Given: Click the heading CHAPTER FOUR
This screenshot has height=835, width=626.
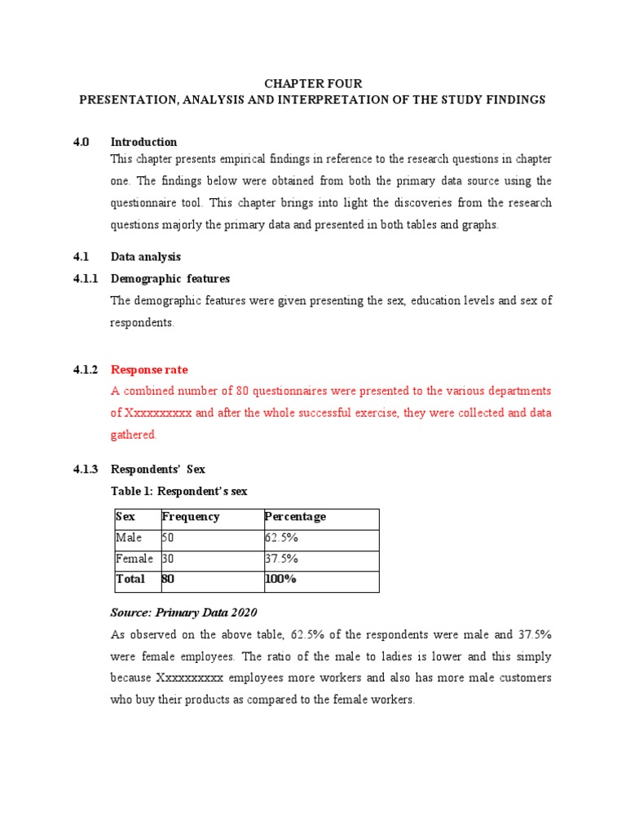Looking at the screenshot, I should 312,84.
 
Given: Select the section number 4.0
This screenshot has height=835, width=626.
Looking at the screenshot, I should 80,142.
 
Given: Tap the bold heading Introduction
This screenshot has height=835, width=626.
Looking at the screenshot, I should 143,142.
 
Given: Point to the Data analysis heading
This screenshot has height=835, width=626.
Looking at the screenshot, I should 146,257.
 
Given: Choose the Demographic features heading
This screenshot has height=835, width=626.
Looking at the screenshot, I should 170,279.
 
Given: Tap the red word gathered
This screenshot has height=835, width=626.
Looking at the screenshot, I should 133,435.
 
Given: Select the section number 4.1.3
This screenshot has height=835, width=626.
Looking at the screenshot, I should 85,469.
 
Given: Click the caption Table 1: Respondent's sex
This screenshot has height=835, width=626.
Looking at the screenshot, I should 179,491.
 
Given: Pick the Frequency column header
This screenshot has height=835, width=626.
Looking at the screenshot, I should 191,517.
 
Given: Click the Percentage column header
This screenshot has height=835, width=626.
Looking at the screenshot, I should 295,517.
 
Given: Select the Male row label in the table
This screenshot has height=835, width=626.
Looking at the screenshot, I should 129,538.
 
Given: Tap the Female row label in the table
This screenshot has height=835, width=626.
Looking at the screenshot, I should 134,559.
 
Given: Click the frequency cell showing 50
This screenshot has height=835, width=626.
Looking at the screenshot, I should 168,538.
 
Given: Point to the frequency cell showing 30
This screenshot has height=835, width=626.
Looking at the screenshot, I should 168,559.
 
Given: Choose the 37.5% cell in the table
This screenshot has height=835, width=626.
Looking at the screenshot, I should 281,559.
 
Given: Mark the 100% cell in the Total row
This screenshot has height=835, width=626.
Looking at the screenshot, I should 281,579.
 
